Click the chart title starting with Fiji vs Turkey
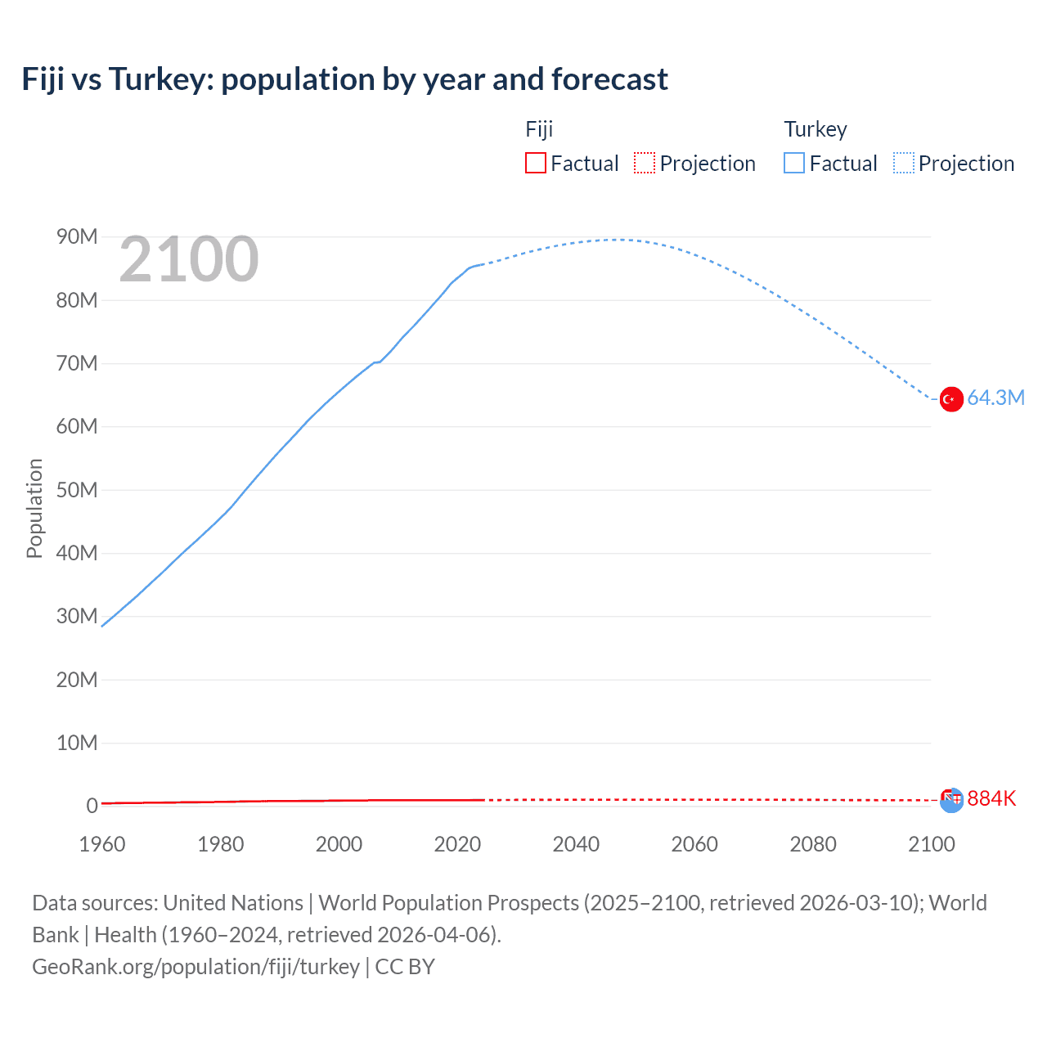pyautogui.click(x=344, y=79)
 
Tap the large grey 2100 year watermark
pyautogui.click(x=189, y=259)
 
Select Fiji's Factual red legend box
pyautogui.click(x=535, y=164)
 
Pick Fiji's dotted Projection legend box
pyautogui.click(x=645, y=164)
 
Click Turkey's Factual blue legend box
pyautogui.click(x=793, y=164)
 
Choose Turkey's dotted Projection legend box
pyautogui.click(x=904, y=164)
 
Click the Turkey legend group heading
pyautogui.click(x=815, y=129)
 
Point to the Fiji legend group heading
pyautogui.click(x=539, y=129)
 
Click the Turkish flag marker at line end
pyautogui.click(x=950, y=399)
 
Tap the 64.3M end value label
pyautogui.click(x=995, y=398)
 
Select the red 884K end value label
pyautogui.click(x=991, y=798)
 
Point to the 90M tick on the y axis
pyautogui.click(x=77, y=237)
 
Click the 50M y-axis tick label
pyautogui.click(x=77, y=490)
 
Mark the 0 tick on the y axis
pyautogui.click(x=92, y=807)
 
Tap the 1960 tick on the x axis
pyautogui.click(x=102, y=844)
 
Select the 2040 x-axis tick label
pyautogui.click(x=576, y=844)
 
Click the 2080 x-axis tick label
pyautogui.click(x=813, y=844)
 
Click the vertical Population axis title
pyautogui.click(x=34, y=508)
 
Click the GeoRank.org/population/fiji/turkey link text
pyautogui.click(x=195, y=967)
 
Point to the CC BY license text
pyautogui.click(x=405, y=967)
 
